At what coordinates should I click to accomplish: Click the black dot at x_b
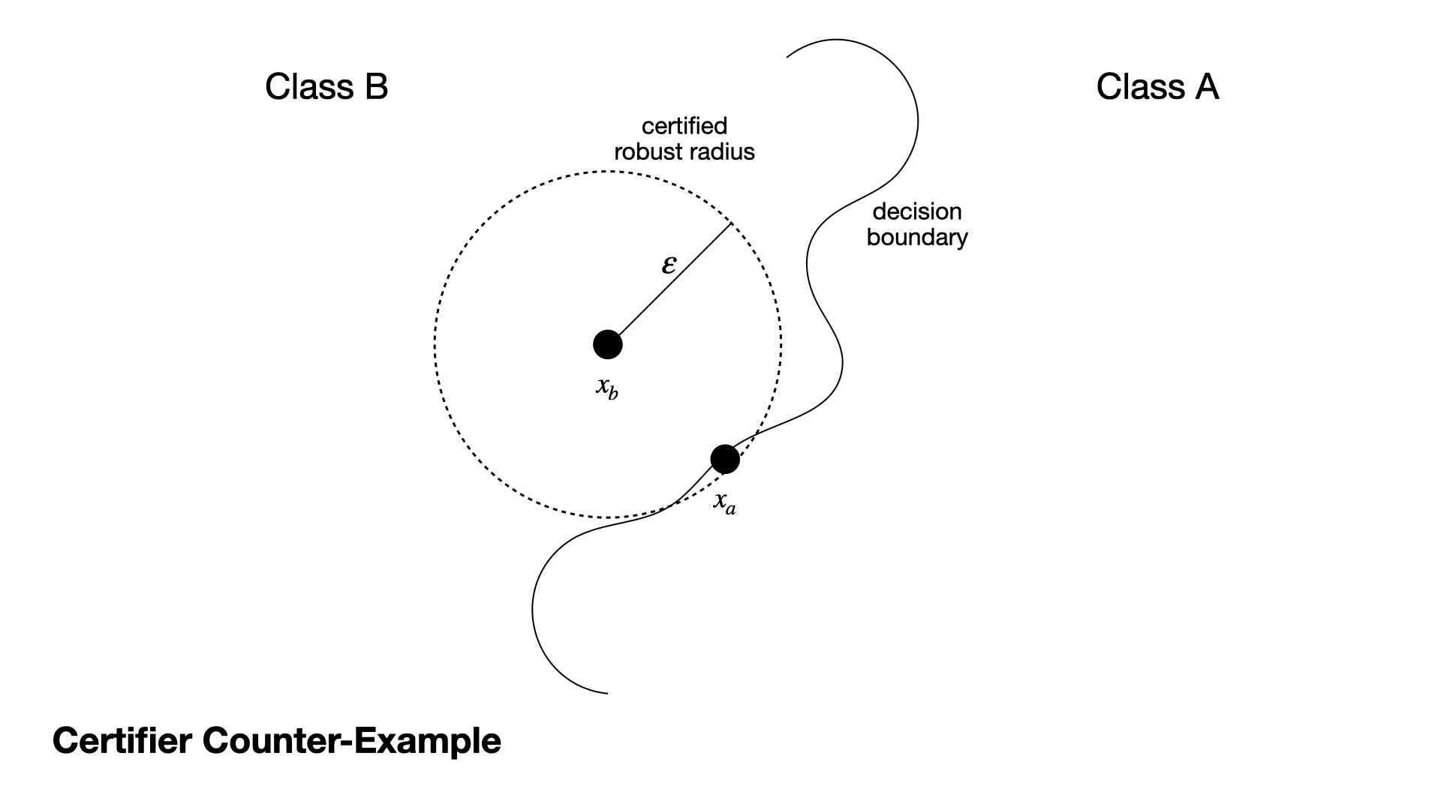click(x=607, y=344)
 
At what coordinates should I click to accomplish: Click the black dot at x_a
click(x=724, y=459)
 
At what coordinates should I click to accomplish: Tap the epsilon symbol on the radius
click(x=668, y=264)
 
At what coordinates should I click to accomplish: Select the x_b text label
click(x=607, y=388)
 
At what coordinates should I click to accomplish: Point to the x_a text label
click(x=724, y=502)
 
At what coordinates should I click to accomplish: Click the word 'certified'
click(x=684, y=126)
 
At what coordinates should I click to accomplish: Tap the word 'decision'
click(x=916, y=211)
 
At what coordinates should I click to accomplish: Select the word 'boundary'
click(x=916, y=238)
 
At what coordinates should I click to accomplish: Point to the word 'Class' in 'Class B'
click(x=308, y=87)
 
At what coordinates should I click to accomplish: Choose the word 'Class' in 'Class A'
click(x=1139, y=87)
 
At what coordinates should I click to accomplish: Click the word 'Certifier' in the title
click(x=121, y=741)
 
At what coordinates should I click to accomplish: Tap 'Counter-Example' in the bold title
click(x=351, y=741)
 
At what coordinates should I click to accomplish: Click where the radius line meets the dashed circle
click(x=731, y=223)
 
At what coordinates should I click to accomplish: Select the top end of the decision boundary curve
click(x=787, y=56)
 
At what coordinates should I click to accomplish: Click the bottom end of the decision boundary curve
click(x=606, y=693)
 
